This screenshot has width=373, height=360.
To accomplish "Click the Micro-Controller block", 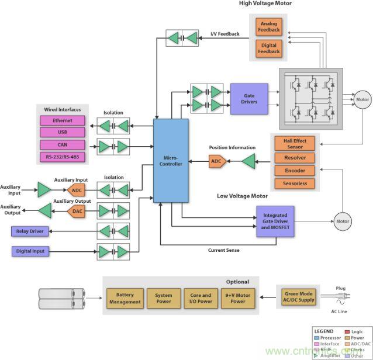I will click(x=171, y=161).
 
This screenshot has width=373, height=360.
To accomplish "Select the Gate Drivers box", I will click(x=248, y=99).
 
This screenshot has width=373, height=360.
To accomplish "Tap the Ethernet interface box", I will click(x=63, y=120).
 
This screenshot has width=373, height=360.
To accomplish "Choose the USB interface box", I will click(x=63, y=132).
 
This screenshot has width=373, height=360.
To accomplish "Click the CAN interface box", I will click(x=63, y=144).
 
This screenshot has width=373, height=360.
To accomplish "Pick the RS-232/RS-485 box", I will click(x=63, y=157).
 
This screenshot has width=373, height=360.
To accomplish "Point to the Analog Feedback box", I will click(x=269, y=26).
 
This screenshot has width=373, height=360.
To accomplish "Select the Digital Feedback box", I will click(x=269, y=48).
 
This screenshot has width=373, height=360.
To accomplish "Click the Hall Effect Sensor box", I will click(x=295, y=144).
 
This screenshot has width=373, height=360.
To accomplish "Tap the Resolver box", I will click(x=295, y=158).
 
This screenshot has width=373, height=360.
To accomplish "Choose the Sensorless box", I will click(x=295, y=184).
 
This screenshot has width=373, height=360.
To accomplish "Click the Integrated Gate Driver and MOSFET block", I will click(x=275, y=221).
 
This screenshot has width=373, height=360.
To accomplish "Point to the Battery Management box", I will click(x=125, y=298).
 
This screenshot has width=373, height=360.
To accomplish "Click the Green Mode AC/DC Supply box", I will click(x=298, y=297).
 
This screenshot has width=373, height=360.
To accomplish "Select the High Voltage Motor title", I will click(x=265, y=4).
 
